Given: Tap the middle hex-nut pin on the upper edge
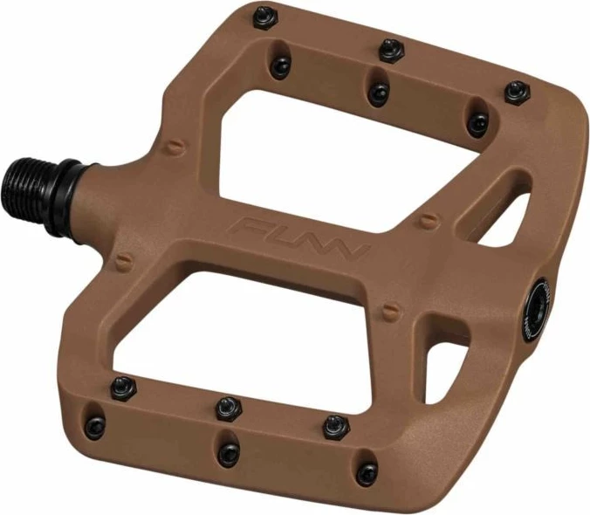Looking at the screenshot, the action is point(391,50).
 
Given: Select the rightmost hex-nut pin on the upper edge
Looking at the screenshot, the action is point(517,93).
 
